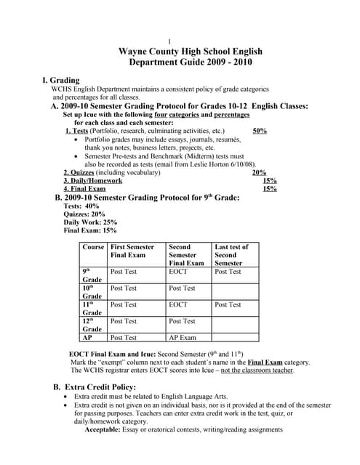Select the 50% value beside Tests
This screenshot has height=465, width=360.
pyautogui.click(x=260, y=131)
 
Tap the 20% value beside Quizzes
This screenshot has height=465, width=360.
pyautogui.click(x=259, y=172)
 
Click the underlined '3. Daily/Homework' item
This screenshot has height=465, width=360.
pyautogui.click(x=92, y=181)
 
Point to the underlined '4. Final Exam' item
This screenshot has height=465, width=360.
pyautogui.click(x=85, y=189)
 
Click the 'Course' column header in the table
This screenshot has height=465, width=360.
pyautogui.click(x=93, y=247)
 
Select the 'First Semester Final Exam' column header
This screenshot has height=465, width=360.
pyautogui.click(x=132, y=251)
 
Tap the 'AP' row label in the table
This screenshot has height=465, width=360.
pyautogui.click(x=87, y=337)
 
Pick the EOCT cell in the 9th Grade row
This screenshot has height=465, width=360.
pyautogui.click(x=177, y=271)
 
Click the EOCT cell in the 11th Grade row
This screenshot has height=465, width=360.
pyautogui.click(x=177, y=304)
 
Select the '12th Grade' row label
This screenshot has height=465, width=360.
pyautogui.click(x=92, y=325)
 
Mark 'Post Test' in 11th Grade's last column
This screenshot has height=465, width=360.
pyautogui.click(x=228, y=304)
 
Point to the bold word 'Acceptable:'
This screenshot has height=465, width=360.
pyautogui.click(x=106, y=429)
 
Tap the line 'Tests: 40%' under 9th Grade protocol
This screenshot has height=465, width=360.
pyautogui.click(x=81, y=206)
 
